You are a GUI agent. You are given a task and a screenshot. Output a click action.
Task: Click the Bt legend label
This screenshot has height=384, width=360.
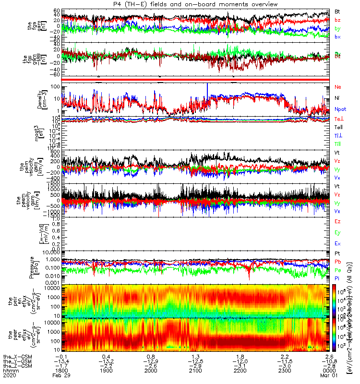click(x=337, y=11)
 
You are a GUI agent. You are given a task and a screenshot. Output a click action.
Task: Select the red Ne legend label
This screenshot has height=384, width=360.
click(x=337, y=87)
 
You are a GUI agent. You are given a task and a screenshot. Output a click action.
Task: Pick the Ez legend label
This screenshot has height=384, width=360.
click(x=337, y=222)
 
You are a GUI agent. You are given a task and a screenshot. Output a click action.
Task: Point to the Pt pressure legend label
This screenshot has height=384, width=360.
click(x=337, y=253)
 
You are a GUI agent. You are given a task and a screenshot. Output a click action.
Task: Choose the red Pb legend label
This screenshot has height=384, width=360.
click(x=337, y=262)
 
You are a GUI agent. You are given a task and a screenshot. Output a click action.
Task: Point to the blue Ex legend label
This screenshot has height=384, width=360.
click(x=337, y=244)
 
